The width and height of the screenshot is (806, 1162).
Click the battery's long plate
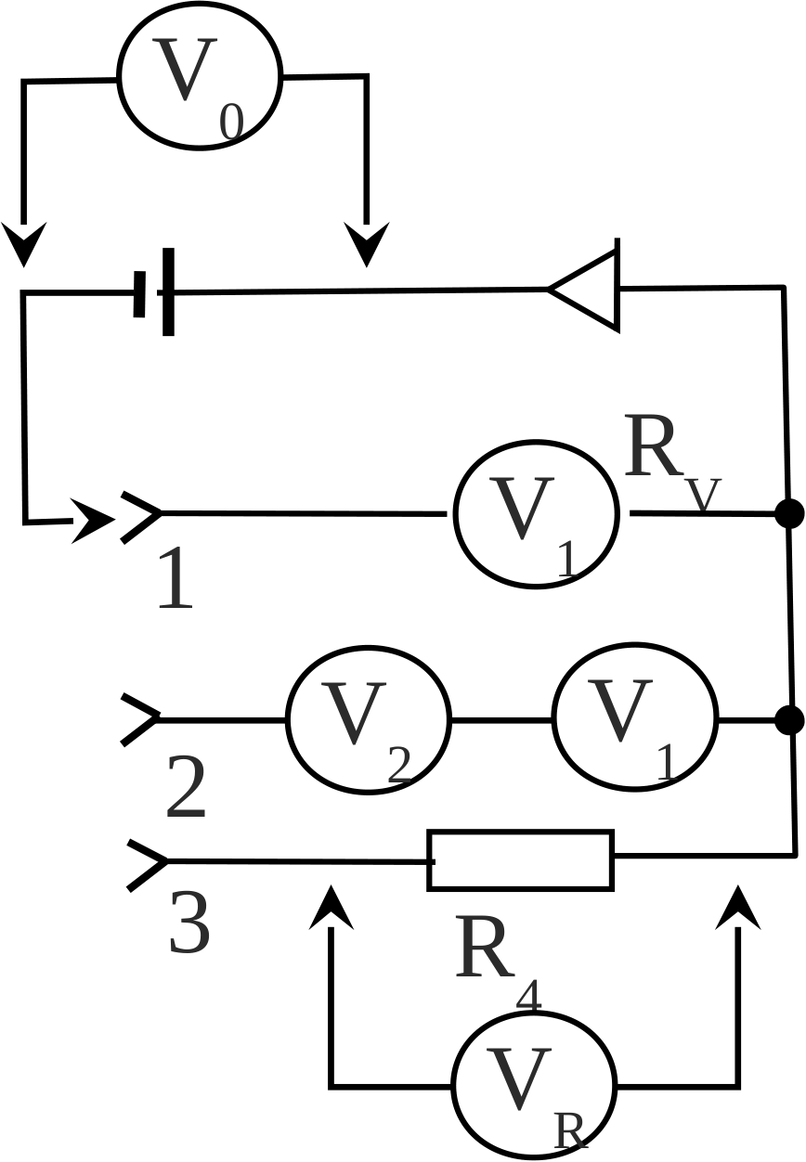pyautogui.click(x=168, y=292)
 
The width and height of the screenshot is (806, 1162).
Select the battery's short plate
pyautogui.click(x=139, y=294)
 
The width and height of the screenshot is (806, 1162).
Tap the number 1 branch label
pyautogui.click(x=175, y=578)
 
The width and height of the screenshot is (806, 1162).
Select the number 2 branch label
pyautogui.click(x=186, y=786)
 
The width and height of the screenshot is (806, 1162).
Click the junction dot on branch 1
pyautogui.click(x=789, y=513)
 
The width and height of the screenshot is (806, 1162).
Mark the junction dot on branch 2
pyautogui.click(x=789, y=720)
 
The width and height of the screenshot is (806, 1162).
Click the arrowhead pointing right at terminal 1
pyautogui.click(x=92, y=521)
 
